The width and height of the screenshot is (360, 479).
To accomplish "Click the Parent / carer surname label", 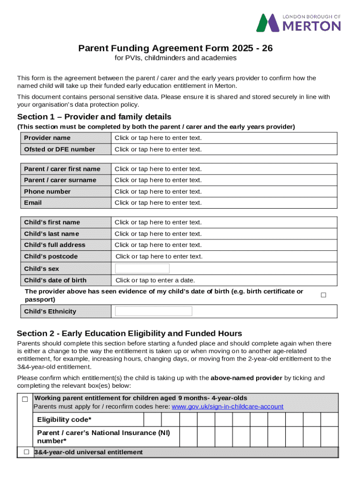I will click(x=60, y=180).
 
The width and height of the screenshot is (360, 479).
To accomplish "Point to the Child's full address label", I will click(x=55, y=245).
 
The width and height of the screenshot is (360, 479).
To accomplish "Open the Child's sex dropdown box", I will click(x=142, y=269).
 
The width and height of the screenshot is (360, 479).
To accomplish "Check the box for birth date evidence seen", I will click(x=323, y=295).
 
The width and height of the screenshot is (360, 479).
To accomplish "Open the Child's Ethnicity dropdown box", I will click(x=153, y=312).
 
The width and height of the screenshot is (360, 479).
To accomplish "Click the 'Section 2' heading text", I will click(x=130, y=334).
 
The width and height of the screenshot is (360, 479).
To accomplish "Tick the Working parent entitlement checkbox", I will click(x=25, y=399).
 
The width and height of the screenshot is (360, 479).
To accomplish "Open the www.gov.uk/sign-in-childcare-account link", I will click(x=227, y=406).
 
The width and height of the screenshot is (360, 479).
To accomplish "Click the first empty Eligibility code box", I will click(x=152, y=420).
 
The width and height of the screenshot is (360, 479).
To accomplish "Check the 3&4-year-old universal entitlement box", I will click(x=26, y=452).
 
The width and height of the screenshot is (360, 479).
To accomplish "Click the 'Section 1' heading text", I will click(x=94, y=117).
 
